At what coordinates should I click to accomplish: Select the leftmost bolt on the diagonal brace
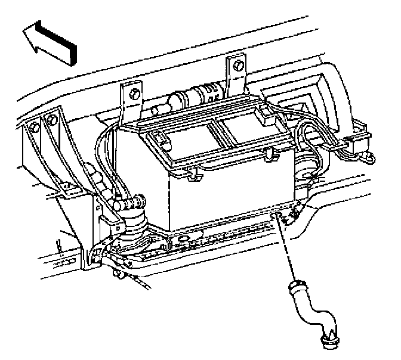[36, 127]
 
